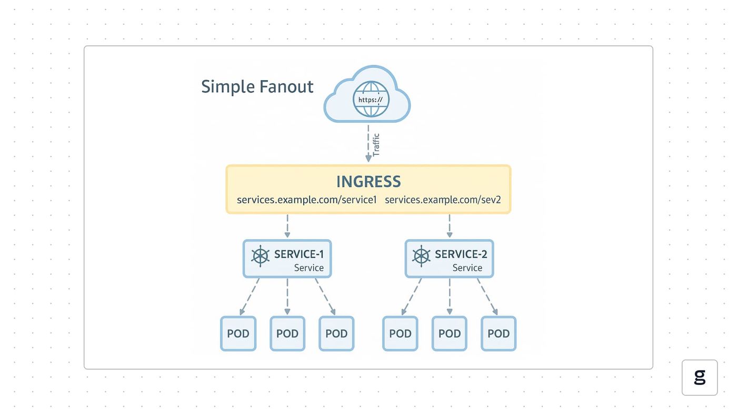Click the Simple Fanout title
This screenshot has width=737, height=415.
pyautogui.click(x=257, y=87)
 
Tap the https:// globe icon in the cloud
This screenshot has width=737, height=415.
pyautogui.click(x=371, y=99)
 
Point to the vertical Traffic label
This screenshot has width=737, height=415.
pyautogui.click(x=376, y=145)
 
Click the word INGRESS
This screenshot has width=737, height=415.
pyautogui.click(x=368, y=181)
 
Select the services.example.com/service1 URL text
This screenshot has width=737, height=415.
pyautogui.click(x=306, y=200)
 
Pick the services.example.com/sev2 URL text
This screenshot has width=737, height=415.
pyautogui.click(x=443, y=200)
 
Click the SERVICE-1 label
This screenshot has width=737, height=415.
pyautogui.click(x=299, y=254)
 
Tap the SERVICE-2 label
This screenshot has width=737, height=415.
pyautogui.click(x=461, y=254)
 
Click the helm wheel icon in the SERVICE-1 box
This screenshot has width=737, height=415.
pyautogui.click(x=260, y=256)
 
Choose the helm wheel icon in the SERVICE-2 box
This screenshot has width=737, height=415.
pyautogui.click(x=421, y=256)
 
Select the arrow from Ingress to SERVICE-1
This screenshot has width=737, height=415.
pyautogui.click(x=287, y=226)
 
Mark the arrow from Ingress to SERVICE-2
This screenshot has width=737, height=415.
pyautogui.click(x=450, y=226)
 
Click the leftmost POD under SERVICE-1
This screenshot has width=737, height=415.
pyautogui.click(x=238, y=333)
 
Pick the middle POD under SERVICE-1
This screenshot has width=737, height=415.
pyautogui.click(x=287, y=333)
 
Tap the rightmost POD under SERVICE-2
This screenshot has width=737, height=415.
pyautogui.click(x=499, y=333)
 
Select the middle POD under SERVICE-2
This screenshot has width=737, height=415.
pyautogui.click(x=450, y=333)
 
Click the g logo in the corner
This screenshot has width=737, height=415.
pyautogui.click(x=700, y=378)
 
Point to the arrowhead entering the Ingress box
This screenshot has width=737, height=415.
pyautogui.click(x=368, y=159)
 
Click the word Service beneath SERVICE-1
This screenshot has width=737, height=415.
pyautogui.click(x=308, y=268)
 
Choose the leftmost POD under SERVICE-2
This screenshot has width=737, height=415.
pyautogui.click(x=400, y=333)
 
